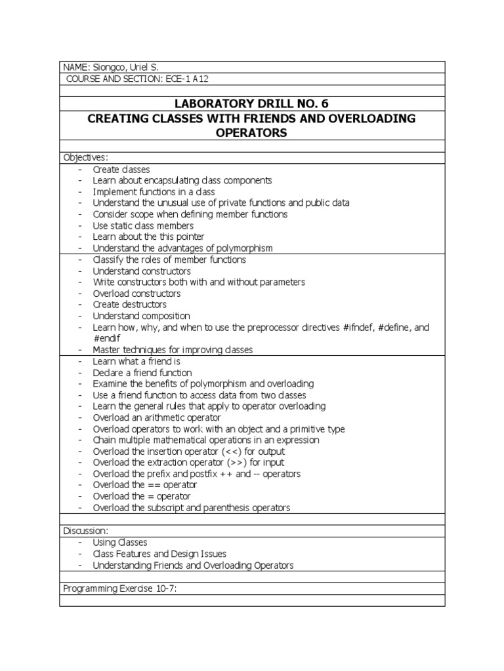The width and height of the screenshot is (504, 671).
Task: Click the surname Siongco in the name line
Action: [104, 67]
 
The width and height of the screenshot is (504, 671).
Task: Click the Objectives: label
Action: [85, 158]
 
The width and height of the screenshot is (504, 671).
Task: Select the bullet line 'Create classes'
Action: [121, 169]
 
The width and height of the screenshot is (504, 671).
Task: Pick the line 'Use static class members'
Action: [143, 225]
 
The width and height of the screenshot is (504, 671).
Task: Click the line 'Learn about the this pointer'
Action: [148, 237]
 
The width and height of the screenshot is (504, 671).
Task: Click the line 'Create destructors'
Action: [130, 304]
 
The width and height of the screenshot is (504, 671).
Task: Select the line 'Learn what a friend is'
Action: [136, 361]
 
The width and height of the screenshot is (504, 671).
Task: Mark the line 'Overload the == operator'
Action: [145, 485]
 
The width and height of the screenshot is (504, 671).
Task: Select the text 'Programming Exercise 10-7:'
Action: [121, 588]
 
